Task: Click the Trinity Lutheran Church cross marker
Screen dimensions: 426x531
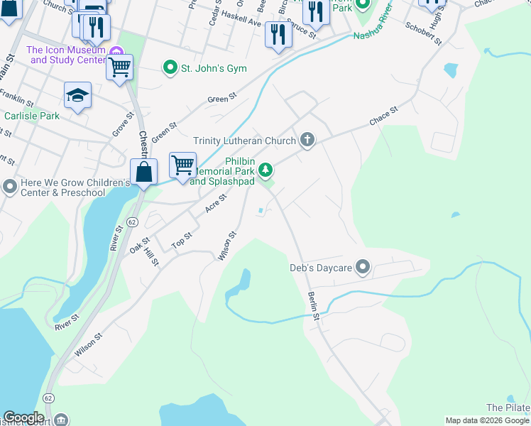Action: [x=307, y=139]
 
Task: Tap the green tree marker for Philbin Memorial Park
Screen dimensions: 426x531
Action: [x=265, y=170]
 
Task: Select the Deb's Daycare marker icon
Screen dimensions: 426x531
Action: [x=363, y=268]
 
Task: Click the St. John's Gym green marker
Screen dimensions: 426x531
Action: [x=170, y=68]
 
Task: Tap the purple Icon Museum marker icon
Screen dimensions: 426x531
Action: [x=116, y=50]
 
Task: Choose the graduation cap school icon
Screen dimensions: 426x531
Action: [x=77, y=95]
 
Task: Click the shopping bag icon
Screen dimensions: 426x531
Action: [x=143, y=172]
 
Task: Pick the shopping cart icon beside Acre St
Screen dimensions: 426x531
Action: [x=183, y=165]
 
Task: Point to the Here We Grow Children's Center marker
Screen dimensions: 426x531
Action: [x=9, y=187]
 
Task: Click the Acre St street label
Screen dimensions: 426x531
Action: [x=215, y=204]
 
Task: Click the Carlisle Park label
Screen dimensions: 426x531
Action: [x=32, y=116]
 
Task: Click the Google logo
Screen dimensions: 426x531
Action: [x=23, y=417]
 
